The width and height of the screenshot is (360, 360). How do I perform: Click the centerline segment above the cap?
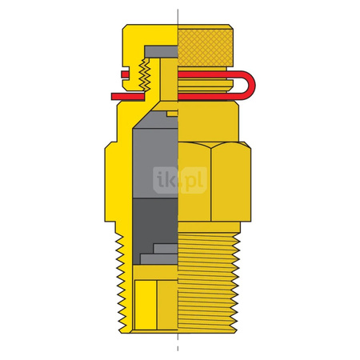[x=178, y=16]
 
